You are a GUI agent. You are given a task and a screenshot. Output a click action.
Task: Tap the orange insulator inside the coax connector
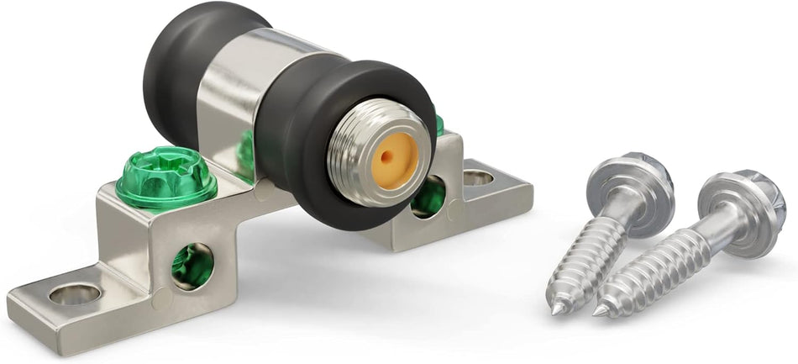(x=391, y=157)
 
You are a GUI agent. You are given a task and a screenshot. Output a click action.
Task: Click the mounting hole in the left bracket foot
(x=75, y=293)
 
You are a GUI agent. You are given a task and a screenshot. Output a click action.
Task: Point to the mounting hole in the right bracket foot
(x=478, y=177)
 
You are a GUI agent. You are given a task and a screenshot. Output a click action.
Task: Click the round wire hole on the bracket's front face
(x=192, y=265)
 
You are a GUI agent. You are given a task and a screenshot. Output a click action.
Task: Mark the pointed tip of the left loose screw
(x=556, y=309)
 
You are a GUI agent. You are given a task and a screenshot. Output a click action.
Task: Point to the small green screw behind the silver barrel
(x=245, y=151)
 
